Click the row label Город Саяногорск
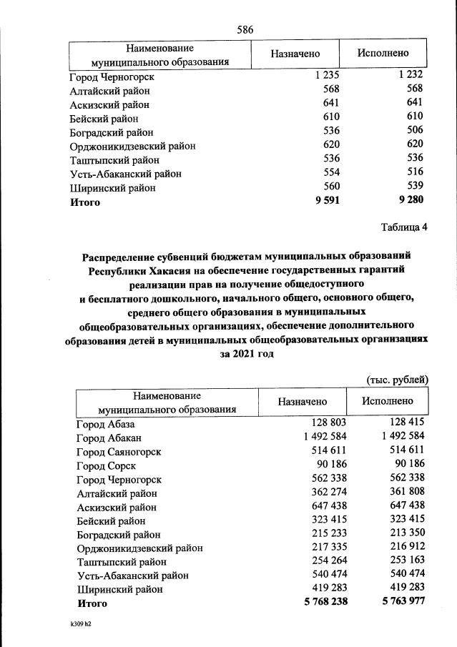(119, 451)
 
